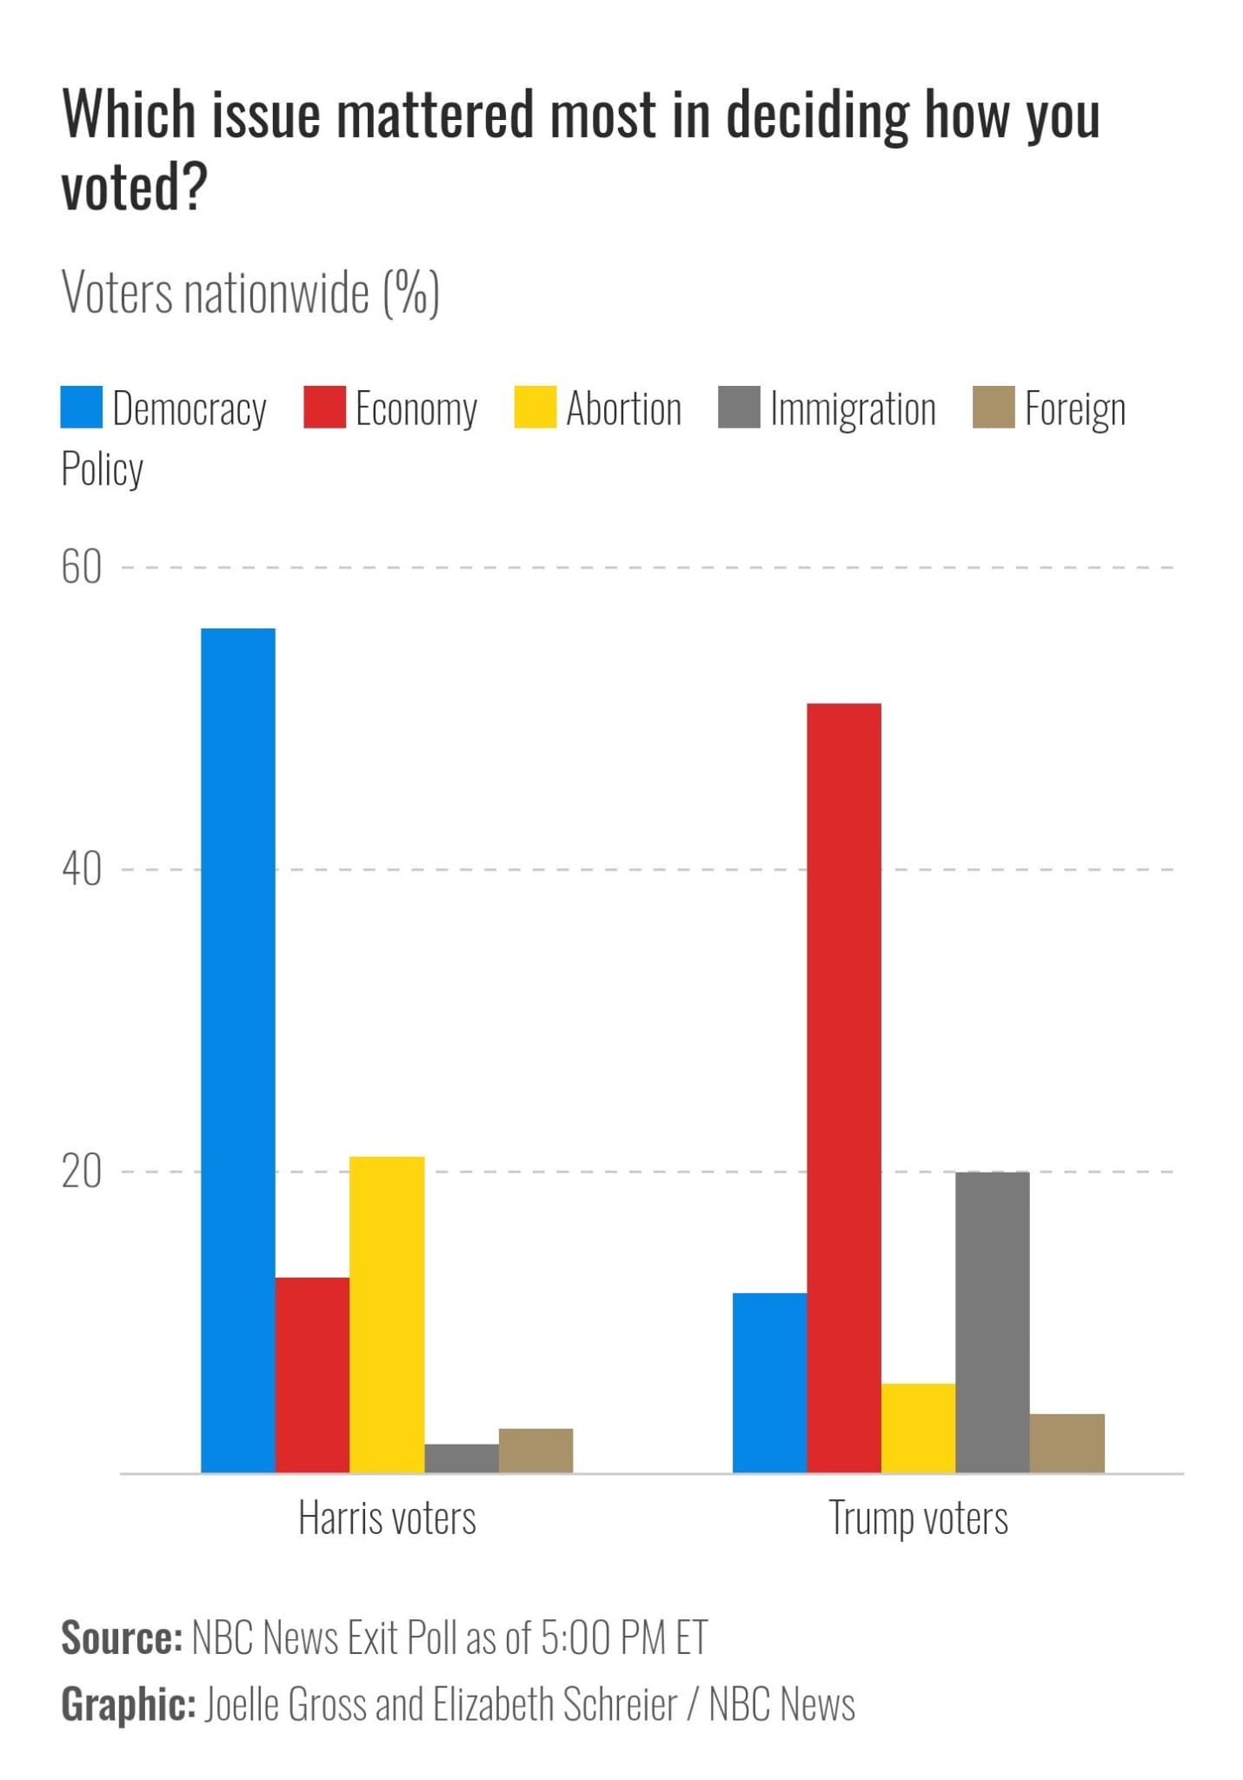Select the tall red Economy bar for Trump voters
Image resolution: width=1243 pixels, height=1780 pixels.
tap(843, 1086)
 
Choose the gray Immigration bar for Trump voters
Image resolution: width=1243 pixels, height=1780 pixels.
tap(992, 1321)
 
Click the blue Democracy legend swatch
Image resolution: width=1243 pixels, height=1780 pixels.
tap(81, 408)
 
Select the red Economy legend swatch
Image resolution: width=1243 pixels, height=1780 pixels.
tap(324, 408)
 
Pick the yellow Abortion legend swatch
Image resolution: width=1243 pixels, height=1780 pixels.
tap(535, 408)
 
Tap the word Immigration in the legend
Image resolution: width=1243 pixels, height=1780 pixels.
tap(853, 409)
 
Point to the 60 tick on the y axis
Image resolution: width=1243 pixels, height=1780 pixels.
tap(81, 568)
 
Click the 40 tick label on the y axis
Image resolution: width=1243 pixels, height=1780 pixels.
tap(81, 869)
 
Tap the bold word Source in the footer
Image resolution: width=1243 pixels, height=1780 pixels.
tap(121, 1637)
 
